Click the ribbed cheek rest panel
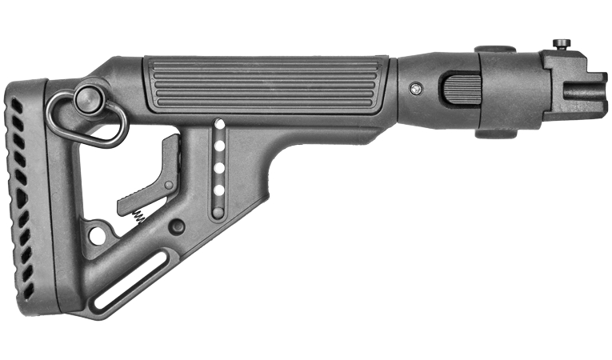point(264,83)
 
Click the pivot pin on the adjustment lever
point(169,185)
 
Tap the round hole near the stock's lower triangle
point(97,235)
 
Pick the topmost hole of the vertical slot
point(218,125)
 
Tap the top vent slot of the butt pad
point(15,104)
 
